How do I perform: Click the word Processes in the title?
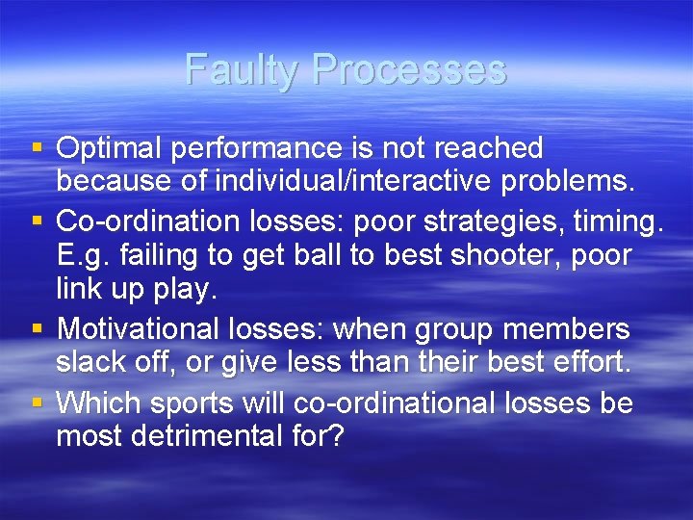click(409, 70)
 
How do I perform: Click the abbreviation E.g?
click(84, 255)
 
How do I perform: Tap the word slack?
click(90, 363)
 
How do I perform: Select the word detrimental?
click(219, 435)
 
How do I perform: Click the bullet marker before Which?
click(36, 403)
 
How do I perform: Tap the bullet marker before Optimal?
click(36, 147)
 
